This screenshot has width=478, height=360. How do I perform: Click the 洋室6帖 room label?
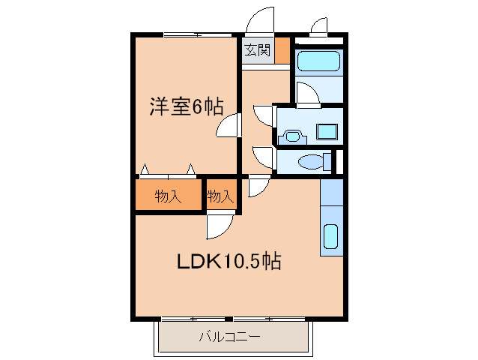186,107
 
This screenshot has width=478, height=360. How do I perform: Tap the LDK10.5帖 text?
229,262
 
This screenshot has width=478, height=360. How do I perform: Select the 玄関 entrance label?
257,51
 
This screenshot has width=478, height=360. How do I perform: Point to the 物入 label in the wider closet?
169,196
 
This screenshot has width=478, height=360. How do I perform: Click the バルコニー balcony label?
229,337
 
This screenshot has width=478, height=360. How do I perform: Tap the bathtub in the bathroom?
318,61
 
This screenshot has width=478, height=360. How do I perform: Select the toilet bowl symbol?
312,161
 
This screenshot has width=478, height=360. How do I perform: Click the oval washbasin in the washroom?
292,136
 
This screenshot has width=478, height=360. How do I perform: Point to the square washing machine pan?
327,131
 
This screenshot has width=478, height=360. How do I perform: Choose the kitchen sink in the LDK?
330,237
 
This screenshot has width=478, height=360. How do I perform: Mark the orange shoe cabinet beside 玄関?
282,51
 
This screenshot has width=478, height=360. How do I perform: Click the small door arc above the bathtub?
318,27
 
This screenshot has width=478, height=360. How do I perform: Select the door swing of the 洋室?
229,125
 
